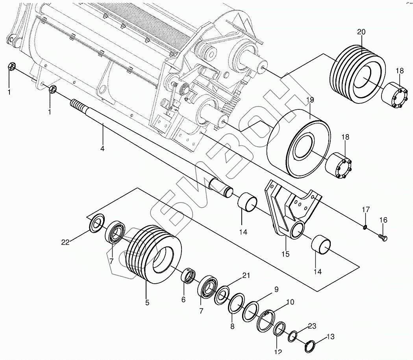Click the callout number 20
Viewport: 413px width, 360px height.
pos(362,32)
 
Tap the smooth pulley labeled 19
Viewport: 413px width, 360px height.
pos(299,144)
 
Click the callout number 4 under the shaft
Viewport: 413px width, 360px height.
pos(103,149)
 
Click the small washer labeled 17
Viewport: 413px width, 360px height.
pos(365,227)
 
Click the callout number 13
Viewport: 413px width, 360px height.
pos(330,336)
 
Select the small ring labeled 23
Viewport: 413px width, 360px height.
pos(293,336)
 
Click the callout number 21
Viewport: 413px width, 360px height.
pos(246,275)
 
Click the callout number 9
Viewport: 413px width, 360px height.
pos(276,290)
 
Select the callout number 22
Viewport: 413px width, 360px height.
pos(65,242)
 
